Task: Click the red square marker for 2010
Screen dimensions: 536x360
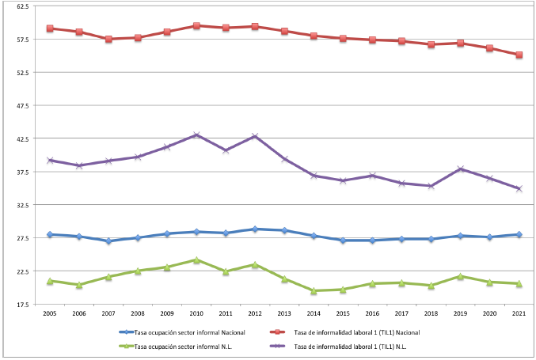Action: pos(196,25)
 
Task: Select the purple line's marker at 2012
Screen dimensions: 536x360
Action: pos(255,136)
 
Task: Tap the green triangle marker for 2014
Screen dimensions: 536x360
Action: pos(314,290)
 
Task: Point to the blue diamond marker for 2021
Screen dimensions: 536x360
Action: pos(519,234)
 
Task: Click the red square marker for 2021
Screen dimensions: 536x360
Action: pos(519,55)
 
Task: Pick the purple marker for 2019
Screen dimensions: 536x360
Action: pos(461,169)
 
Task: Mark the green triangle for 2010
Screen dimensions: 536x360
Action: pos(196,260)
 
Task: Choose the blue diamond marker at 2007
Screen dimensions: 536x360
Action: pos(108,241)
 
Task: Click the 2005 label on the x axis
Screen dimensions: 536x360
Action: pos(50,313)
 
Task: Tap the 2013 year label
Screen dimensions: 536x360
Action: pos(284,313)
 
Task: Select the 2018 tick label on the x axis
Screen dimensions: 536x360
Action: pos(431,313)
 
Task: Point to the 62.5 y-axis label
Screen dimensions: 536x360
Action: pos(23,6)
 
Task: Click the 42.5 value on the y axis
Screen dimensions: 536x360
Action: pos(23,138)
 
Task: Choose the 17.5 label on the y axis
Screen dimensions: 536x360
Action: pos(23,305)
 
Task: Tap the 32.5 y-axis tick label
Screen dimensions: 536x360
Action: pos(23,205)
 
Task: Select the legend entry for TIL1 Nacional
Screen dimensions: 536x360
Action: pos(345,332)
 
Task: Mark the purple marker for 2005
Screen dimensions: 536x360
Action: pos(50,160)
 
